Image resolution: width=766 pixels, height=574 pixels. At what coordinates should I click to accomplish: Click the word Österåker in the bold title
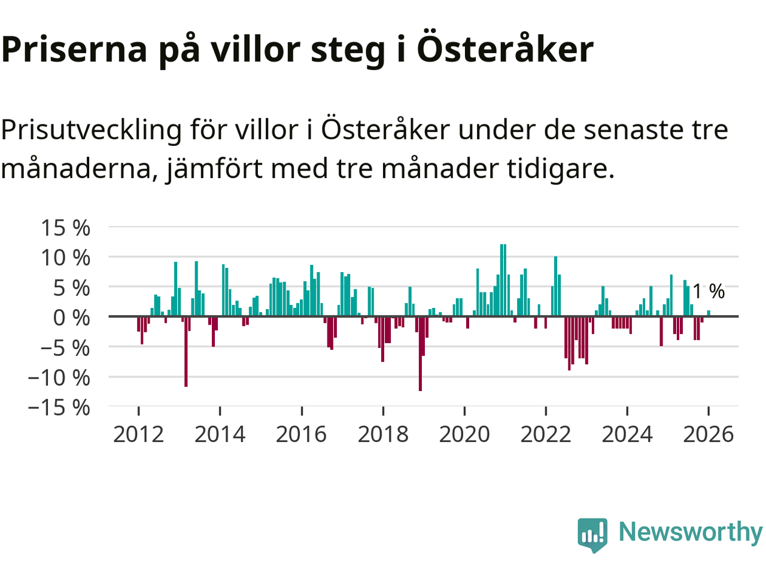[504, 49]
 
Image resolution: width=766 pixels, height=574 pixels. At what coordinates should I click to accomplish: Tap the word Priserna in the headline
[74, 50]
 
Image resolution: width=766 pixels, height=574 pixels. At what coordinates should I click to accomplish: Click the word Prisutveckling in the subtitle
[91, 130]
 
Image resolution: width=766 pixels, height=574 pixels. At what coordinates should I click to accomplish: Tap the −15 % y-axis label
[59, 408]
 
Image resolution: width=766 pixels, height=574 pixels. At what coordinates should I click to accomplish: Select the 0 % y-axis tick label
[71, 317]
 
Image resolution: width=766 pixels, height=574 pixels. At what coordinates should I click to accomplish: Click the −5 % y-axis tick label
[65, 347]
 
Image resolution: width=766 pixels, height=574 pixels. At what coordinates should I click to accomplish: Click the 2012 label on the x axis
[138, 434]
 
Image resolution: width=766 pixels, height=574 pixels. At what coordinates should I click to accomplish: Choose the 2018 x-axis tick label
[383, 434]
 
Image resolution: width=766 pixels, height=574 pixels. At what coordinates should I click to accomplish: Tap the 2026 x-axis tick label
[708, 434]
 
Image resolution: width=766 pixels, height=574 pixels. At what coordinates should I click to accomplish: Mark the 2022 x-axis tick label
[546, 434]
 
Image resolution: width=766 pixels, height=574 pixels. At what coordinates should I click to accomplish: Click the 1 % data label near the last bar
[709, 291]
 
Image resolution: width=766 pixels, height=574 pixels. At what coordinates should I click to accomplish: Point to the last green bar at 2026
[709, 313]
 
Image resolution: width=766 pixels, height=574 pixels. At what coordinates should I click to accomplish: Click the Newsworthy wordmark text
[691, 532]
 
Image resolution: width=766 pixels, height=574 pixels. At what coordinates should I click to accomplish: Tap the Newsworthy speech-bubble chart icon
[592, 533]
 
